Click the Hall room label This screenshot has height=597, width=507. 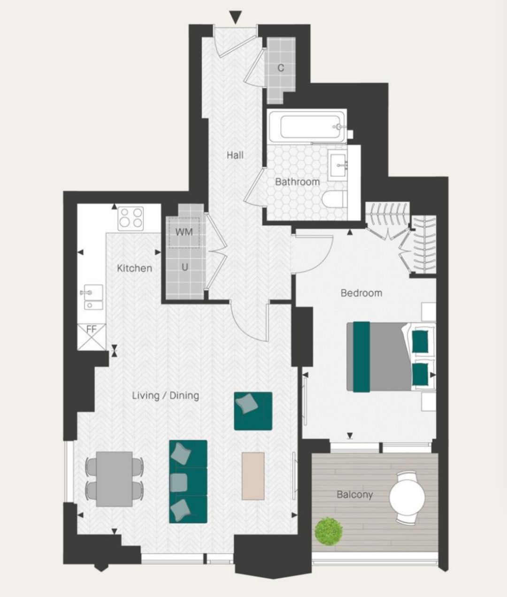tap(235, 155)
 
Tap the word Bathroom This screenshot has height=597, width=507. tap(297, 182)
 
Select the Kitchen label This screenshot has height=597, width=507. tap(134, 268)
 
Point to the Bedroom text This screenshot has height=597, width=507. tap(361, 293)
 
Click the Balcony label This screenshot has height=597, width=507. tap(354, 495)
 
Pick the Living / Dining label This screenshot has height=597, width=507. tap(166, 395)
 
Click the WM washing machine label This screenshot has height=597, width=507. tap(184, 232)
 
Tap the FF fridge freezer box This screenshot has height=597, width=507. tap(92, 337)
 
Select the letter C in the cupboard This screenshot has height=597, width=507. tap(281, 68)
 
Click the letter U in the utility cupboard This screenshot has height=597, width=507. tap(184, 267)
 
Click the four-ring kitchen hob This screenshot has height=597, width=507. tap(131, 218)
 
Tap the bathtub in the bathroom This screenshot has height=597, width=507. tap(307, 127)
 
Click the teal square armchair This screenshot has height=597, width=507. tap(253, 411)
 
